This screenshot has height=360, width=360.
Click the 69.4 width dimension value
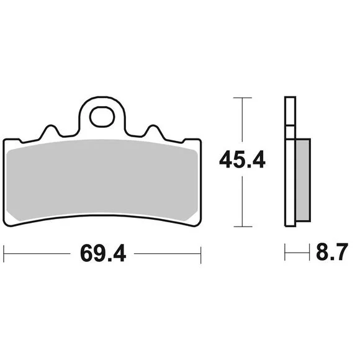(103, 253)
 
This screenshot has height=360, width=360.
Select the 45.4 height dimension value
(243, 160)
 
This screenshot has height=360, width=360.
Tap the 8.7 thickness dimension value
(332, 251)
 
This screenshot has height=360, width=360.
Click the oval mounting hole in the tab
(102, 117)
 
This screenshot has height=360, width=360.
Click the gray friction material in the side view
(303, 180)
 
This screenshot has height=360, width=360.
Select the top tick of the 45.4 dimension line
(243, 98)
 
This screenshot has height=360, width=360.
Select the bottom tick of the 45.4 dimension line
(243, 227)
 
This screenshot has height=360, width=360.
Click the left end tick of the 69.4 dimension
(4, 254)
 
